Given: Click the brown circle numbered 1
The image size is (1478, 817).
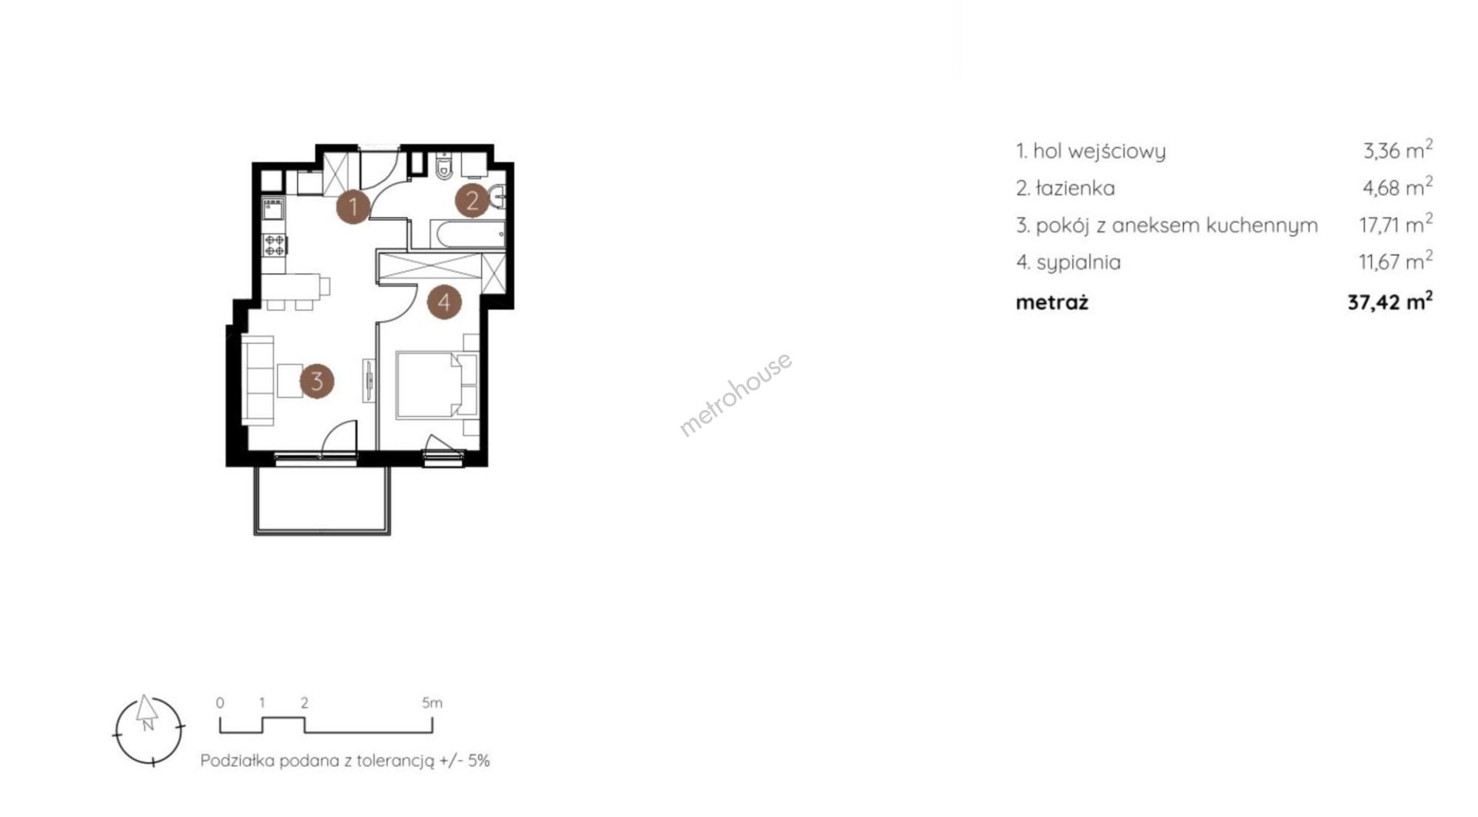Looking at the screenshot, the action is point(353,206).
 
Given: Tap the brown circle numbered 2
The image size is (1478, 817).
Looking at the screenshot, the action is point(473,201).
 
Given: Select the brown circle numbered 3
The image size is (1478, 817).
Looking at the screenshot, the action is point(316,380).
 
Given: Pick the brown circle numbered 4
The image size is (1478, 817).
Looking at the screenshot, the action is point(444,302).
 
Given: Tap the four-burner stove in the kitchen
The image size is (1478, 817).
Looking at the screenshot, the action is point(275,245).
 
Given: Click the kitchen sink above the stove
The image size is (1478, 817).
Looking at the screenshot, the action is point(274,210).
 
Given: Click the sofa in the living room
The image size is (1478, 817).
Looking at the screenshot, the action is point(258,380).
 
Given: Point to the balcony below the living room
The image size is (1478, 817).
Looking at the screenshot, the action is point(323,499).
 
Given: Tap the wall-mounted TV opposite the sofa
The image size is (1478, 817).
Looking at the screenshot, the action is point(369,379).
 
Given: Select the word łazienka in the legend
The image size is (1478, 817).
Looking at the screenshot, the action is point(1075,188).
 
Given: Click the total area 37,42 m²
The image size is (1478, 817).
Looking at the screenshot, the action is point(1390,301).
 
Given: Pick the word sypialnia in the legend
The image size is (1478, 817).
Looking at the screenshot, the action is point(1078,263).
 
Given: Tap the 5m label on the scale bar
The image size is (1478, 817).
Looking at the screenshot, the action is point(433,702).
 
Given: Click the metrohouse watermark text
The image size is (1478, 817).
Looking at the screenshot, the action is point(735,394).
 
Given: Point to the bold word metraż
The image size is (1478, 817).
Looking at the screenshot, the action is point(1052,302).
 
